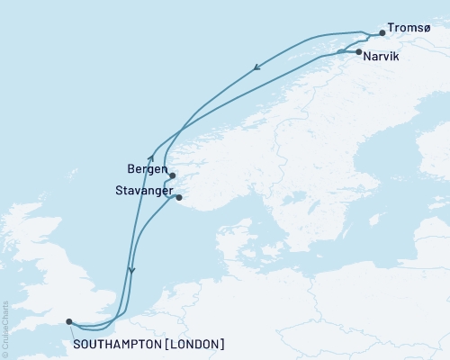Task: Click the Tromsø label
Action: [412, 28]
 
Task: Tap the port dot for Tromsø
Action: [382, 33]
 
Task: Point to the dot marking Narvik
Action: [359, 53]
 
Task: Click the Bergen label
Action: [146, 167]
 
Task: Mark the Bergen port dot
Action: [172, 175]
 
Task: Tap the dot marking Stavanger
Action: [179, 197]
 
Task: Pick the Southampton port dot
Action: [69, 320]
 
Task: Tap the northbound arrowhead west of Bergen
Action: [150, 157]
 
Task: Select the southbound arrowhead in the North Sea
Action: [131, 269]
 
